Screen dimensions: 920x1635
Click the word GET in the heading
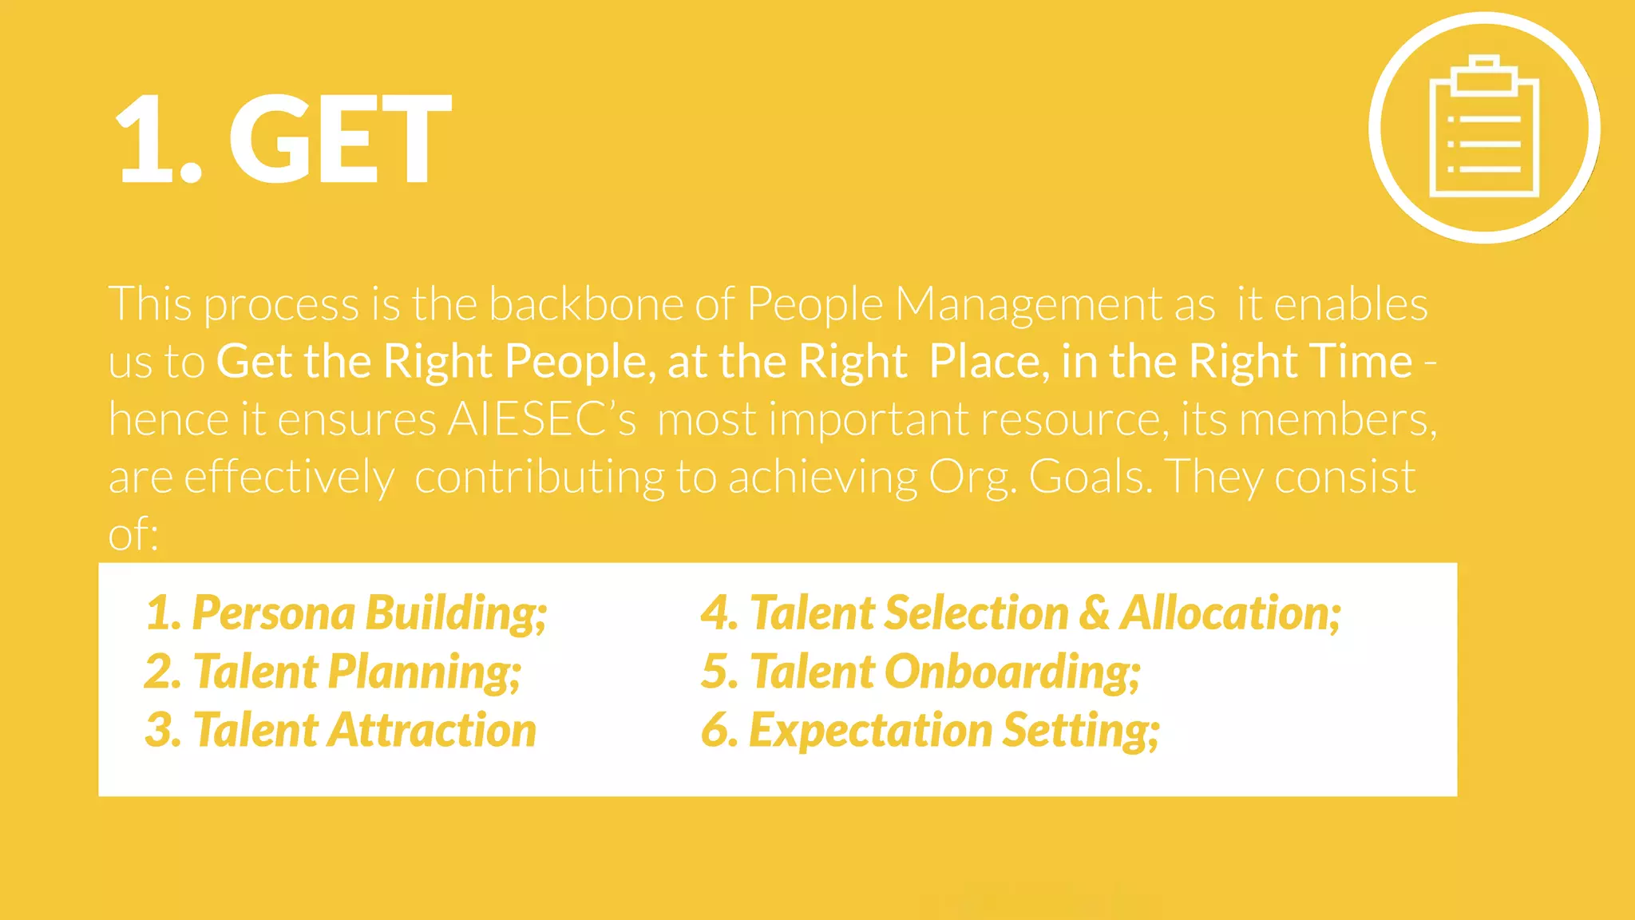click(x=341, y=139)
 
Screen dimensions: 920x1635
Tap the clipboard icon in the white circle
click(x=1484, y=128)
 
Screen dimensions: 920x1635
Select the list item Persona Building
click(x=346, y=613)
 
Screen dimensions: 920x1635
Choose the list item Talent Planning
click(x=333, y=672)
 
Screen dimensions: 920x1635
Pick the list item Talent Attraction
click(x=341, y=730)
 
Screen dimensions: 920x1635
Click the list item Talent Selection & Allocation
click(x=1021, y=613)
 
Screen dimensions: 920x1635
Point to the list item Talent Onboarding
click(x=920, y=672)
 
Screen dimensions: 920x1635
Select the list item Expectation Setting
click(x=930, y=730)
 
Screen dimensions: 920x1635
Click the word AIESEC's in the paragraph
click(x=541, y=418)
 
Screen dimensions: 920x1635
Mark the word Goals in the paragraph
click(x=1090, y=477)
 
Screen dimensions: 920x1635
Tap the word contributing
click(x=539, y=477)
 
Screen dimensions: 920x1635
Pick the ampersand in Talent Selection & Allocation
click(x=1094, y=613)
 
